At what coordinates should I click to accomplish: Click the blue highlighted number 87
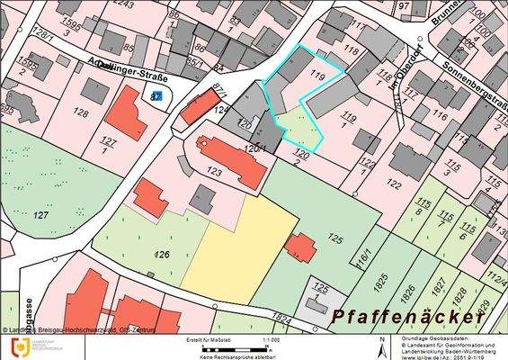(x=156, y=95)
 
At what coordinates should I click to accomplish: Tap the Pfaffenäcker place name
(x=409, y=318)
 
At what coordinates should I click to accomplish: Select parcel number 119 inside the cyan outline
(x=316, y=77)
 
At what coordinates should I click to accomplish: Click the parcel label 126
(x=163, y=255)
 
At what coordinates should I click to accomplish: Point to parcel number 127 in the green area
(x=40, y=216)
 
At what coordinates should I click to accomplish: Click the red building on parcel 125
(x=300, y=247)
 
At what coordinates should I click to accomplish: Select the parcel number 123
(x=214, y=171)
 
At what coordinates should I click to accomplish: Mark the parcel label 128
(x=81, y=112)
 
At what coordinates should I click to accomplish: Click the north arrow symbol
(x=383, y=346)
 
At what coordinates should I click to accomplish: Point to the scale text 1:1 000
(x=270, y=340)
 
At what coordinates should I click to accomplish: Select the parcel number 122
(x=393, y=184)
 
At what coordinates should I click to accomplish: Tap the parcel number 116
(x=440, y=115)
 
